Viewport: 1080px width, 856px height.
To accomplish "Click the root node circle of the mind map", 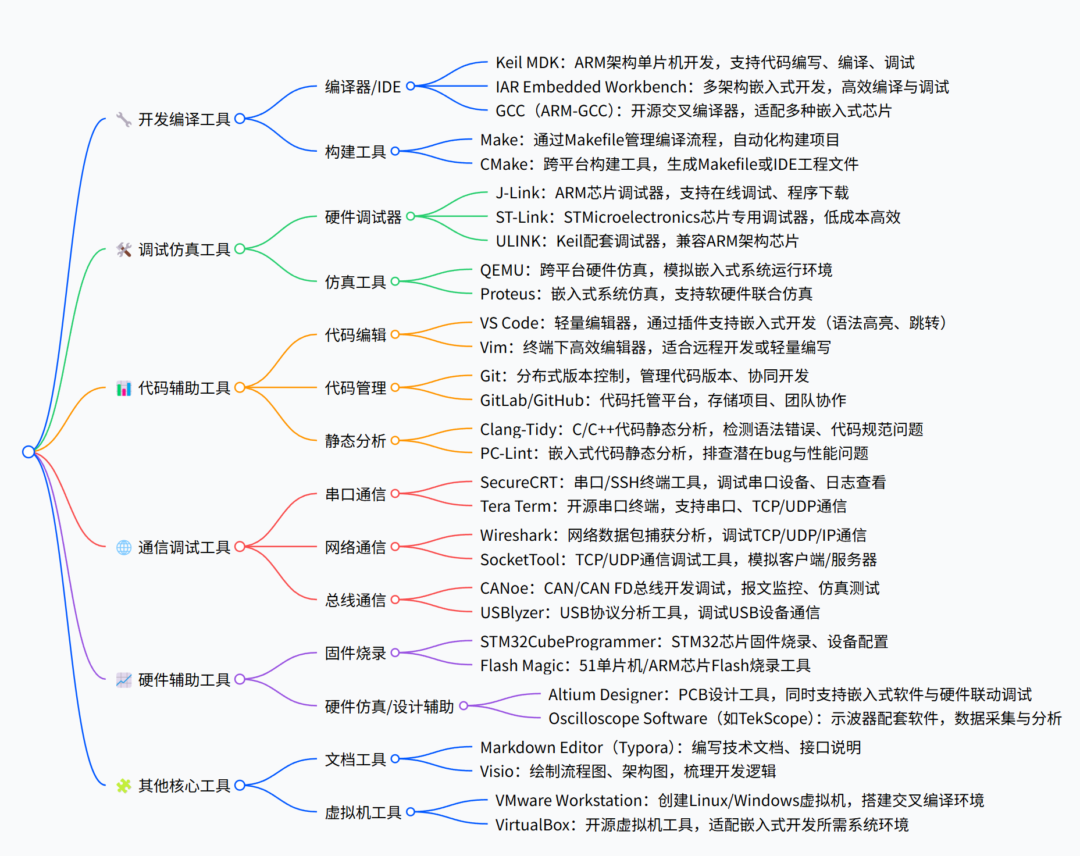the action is coord(28,452).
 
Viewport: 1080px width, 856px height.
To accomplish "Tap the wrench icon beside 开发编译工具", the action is coord(123,119).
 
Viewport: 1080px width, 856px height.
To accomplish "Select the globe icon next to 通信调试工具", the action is coord(124,547).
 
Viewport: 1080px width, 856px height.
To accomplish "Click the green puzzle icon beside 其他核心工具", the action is coord(123,786).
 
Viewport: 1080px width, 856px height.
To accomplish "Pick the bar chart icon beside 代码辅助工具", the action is coord(124,388).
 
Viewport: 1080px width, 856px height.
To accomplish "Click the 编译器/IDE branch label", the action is coord(363,87).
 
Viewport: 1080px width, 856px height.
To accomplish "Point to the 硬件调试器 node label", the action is coord(363,217).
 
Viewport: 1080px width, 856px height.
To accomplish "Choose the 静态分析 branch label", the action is coord(355,441).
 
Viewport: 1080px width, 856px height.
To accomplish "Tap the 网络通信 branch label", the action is coord(355,547).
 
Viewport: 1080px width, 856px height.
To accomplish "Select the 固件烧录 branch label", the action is coord(355,653).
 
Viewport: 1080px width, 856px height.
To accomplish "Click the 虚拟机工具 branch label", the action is coord(363,812).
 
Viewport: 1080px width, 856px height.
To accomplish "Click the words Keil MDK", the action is coord(527,62).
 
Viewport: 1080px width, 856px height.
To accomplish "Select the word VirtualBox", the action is coord(532,825).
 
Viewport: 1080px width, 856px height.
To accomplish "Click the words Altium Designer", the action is coord(605,694).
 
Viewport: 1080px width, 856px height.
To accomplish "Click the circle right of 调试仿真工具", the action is coord(240,249).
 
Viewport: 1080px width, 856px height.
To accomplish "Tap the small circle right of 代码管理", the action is coord(395,387).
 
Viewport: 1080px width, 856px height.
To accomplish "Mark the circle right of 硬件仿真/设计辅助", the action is coord(464,706).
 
